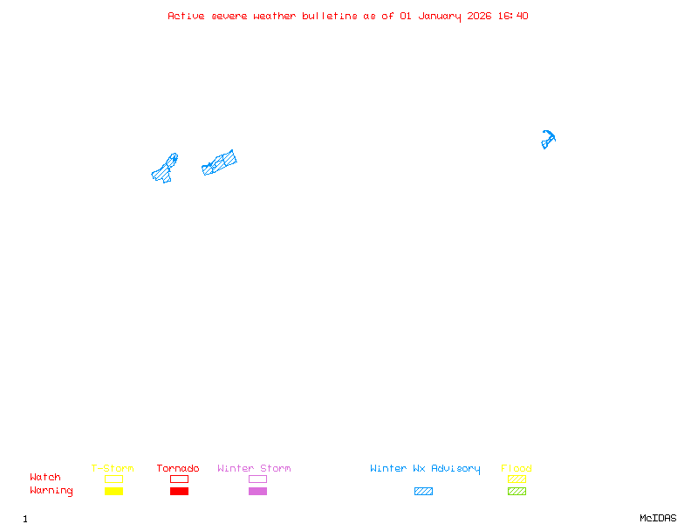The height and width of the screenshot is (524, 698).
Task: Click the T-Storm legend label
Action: tap(113, 468)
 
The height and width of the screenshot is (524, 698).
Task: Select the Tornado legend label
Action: tap(178, 468)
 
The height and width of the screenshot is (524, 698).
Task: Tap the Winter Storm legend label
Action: tap(254, 468)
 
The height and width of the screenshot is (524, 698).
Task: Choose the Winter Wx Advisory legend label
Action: tap(425, 468)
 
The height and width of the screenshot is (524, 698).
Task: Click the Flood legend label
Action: tap(517, 468)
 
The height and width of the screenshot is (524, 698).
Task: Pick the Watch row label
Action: tap(45, 478)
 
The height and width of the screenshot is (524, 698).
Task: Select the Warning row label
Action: tap(51, 491)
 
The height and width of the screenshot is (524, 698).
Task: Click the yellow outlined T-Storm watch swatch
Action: tap(113, 479)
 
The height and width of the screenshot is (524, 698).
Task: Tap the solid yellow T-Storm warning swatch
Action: tap(113, 492)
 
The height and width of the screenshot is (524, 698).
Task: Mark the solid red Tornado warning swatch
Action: tap(179, 492)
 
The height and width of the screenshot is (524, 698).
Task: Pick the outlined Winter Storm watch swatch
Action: tap(257, 479)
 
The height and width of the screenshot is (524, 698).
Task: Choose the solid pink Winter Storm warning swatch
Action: tap(257, 492)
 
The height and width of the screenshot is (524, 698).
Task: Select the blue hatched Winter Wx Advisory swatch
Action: tap(423, 492)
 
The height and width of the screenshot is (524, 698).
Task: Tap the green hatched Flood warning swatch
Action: tap(517, 492)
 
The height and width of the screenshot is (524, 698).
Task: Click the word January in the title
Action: tap(438, 16)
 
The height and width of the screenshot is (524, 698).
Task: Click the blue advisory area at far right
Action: tap(547, 139)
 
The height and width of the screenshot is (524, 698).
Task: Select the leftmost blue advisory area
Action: tap(165, 169)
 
